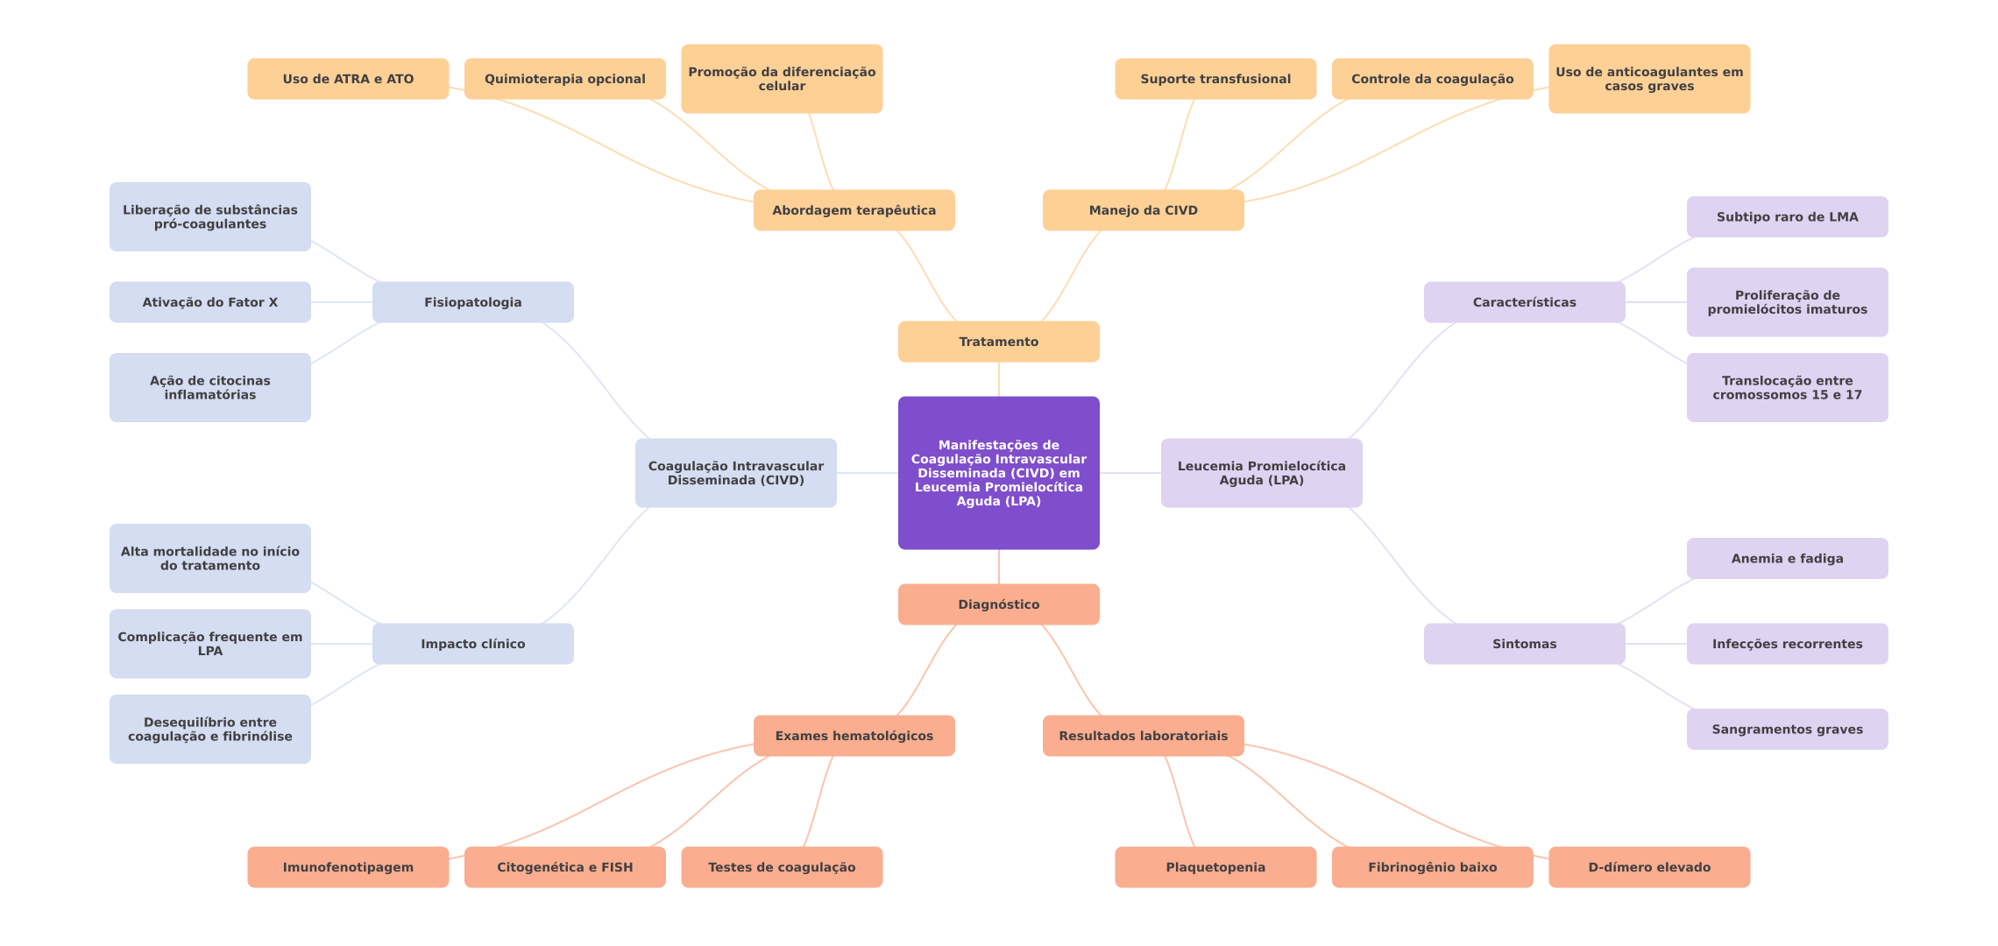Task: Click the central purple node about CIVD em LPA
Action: [998, 473]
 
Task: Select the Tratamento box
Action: [998, 342]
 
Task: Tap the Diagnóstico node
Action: [998, 604]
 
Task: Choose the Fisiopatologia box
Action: [472, 302]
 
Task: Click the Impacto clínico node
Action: [472, 644]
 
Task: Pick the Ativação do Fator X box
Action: [209, 302]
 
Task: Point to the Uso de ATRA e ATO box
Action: [348, 79]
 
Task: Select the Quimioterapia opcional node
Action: [564, 79]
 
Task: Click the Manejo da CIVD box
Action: [1143, 210]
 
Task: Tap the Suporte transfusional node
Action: [1215, 79]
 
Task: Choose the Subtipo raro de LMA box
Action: [1787, 217]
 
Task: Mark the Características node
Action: [1524, 302]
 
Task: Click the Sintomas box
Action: [1524, 644]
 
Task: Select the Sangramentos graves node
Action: [1787, 730]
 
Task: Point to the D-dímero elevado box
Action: [1648, 867]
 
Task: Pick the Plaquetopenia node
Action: [1215, 867]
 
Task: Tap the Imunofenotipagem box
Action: [348, 867]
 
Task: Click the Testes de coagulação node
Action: [781, 867]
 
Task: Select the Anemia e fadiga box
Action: [1787, 559]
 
